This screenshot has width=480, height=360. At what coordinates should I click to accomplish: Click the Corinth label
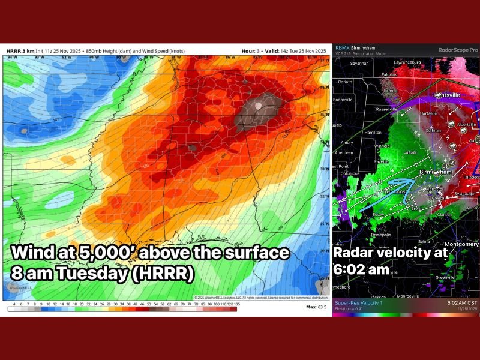(345, 82)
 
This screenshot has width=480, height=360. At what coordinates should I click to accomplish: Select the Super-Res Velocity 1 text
(358, 302)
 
